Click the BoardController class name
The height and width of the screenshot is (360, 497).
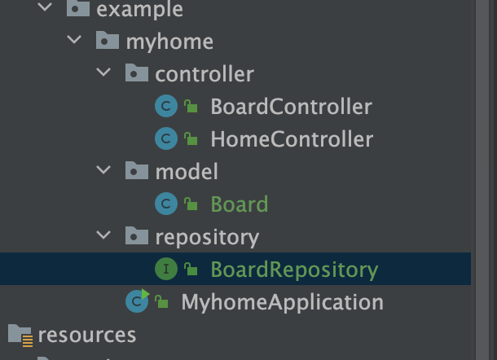[x=291, y=107]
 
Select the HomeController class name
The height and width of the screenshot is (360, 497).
[x=292, y=139]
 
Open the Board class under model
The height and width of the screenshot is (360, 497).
[x=239, y=204]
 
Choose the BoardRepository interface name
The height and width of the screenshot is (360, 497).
[x=294, y=270]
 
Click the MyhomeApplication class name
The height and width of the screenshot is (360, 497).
[x=282, y=302]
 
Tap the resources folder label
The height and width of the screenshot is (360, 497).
[x=87, y=334]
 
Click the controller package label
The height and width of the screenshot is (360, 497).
[x=205, y=74]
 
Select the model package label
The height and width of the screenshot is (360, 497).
[x=187, y=171]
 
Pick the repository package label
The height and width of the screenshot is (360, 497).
[x=207, y=237]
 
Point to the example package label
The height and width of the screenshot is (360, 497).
[x=139, y=10]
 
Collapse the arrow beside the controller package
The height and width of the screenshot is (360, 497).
[x=103, y=74]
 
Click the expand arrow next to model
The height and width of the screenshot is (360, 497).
[x=103, y=171]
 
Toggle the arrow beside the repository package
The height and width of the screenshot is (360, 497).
[x=103, y=237]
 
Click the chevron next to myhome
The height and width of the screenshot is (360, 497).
[x=74, y=41]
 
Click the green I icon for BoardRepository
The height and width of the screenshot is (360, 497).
[x=166, y=269]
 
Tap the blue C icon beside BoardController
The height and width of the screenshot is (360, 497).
[x=166, y=107]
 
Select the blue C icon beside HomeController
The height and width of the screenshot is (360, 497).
[x=166, y=139]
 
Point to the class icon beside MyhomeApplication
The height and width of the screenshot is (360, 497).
[x=137, y=301]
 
